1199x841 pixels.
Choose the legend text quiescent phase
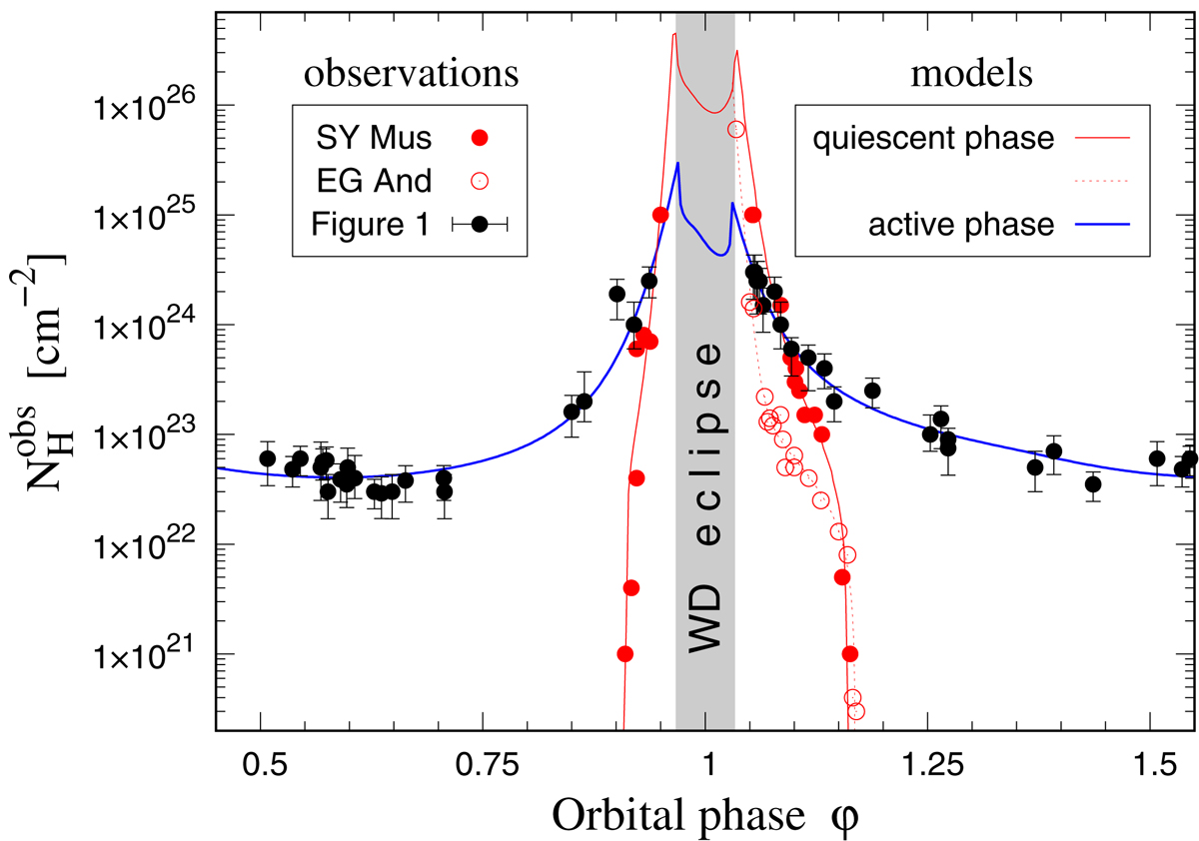934,138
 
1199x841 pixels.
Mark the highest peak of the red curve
675,34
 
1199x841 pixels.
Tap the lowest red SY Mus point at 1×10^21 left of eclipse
625,654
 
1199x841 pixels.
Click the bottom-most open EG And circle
855,711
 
